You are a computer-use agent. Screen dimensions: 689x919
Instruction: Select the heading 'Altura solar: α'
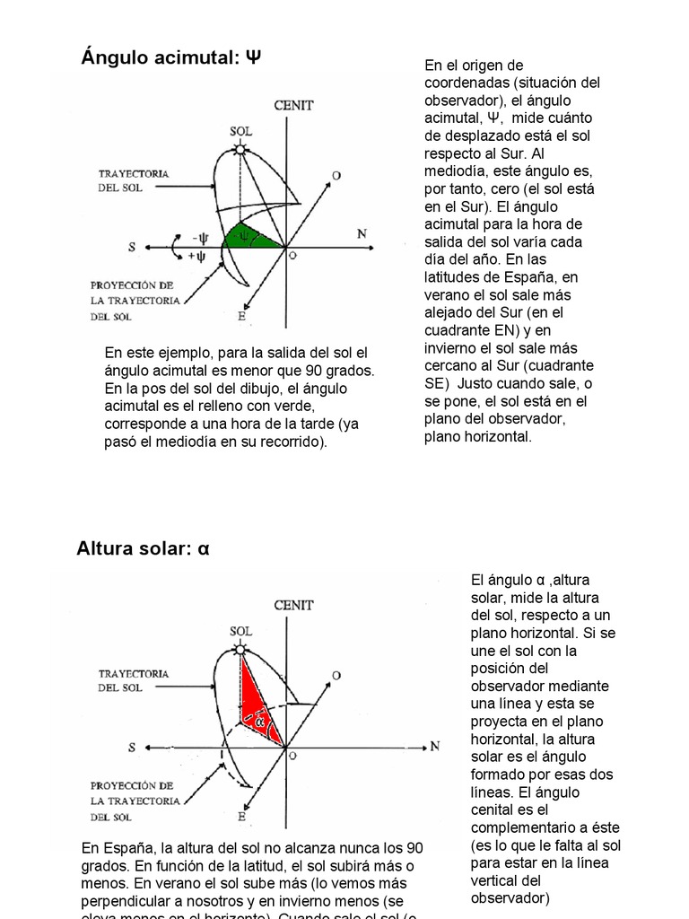tap(143, 547)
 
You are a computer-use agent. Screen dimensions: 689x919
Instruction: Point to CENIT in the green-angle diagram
tap(294, 105)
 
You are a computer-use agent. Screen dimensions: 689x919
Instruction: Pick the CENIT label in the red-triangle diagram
tap(293, 605)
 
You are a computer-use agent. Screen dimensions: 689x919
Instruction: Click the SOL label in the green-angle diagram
tap(240, 130)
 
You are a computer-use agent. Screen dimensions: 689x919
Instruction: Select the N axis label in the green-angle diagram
tap(362, 234)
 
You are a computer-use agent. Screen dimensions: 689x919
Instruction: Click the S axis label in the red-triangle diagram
tap(132, 747)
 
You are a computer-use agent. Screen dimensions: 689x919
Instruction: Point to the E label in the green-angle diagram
tap(241, 316)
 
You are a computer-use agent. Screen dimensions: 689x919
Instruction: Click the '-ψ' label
tap(199, 238)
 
